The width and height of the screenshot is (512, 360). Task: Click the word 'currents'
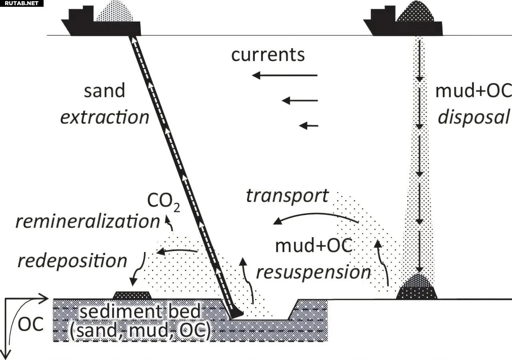pyautogui.click(x=268, y=55)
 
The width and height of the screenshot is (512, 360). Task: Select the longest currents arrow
pyautogui.click(x=284, y=75)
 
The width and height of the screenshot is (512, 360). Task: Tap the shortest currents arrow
pyautogui.click(x=309, y=126)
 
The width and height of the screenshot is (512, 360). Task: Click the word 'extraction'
pyautogui.click(x=104, y=117)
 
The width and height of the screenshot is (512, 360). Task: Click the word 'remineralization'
pyautogui.click(x=88, y=221)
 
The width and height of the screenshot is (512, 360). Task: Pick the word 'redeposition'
pyautogui.click(x=72, y=261)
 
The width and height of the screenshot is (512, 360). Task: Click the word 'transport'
pyautogui.click(x=287, y=196)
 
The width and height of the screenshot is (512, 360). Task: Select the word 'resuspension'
pyautogui.click(x=313, y=272)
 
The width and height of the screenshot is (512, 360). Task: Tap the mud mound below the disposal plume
pyautogui.click(x=416, y=288)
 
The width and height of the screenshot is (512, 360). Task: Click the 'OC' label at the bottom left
pyautogui.click(x=30, y=324)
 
